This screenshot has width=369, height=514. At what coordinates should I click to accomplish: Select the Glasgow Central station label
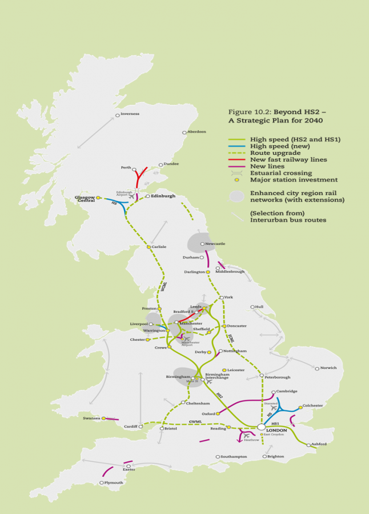click(x=85, y=199)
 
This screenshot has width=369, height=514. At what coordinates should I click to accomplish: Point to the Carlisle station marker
click(x=149, y=247)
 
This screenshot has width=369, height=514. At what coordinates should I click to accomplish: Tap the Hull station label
click(x=259, y=307)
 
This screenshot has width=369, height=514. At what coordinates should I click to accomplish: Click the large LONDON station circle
click(x=261, y=427)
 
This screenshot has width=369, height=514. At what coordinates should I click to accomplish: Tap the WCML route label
click(x=163, y=288)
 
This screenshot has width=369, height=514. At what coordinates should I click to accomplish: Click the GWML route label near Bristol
click(x=196, y=421)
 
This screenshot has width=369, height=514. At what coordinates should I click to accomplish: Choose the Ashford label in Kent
click(x=319, y=444)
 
